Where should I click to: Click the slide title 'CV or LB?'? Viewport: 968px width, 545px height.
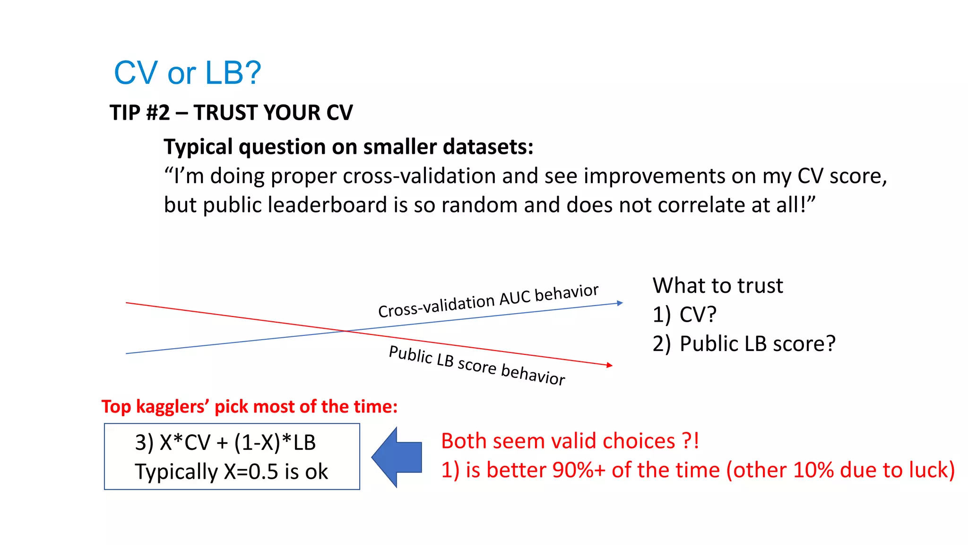point(187,73)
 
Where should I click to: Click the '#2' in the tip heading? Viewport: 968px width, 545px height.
point(158,113)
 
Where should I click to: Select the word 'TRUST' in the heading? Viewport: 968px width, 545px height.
point(225,113)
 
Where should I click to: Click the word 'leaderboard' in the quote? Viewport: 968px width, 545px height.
point(328,205)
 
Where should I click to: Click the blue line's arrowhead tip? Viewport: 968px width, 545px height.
point(622,303)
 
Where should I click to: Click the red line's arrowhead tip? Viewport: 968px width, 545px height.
point(612,365)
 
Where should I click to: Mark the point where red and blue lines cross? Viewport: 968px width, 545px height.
point(346,331)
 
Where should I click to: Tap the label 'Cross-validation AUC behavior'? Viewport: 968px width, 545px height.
point(488,301)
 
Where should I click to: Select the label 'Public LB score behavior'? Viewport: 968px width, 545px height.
point(476,365)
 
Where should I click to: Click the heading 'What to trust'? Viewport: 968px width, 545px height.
point(717,286)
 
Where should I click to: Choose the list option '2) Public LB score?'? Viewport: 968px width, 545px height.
point(744,344)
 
